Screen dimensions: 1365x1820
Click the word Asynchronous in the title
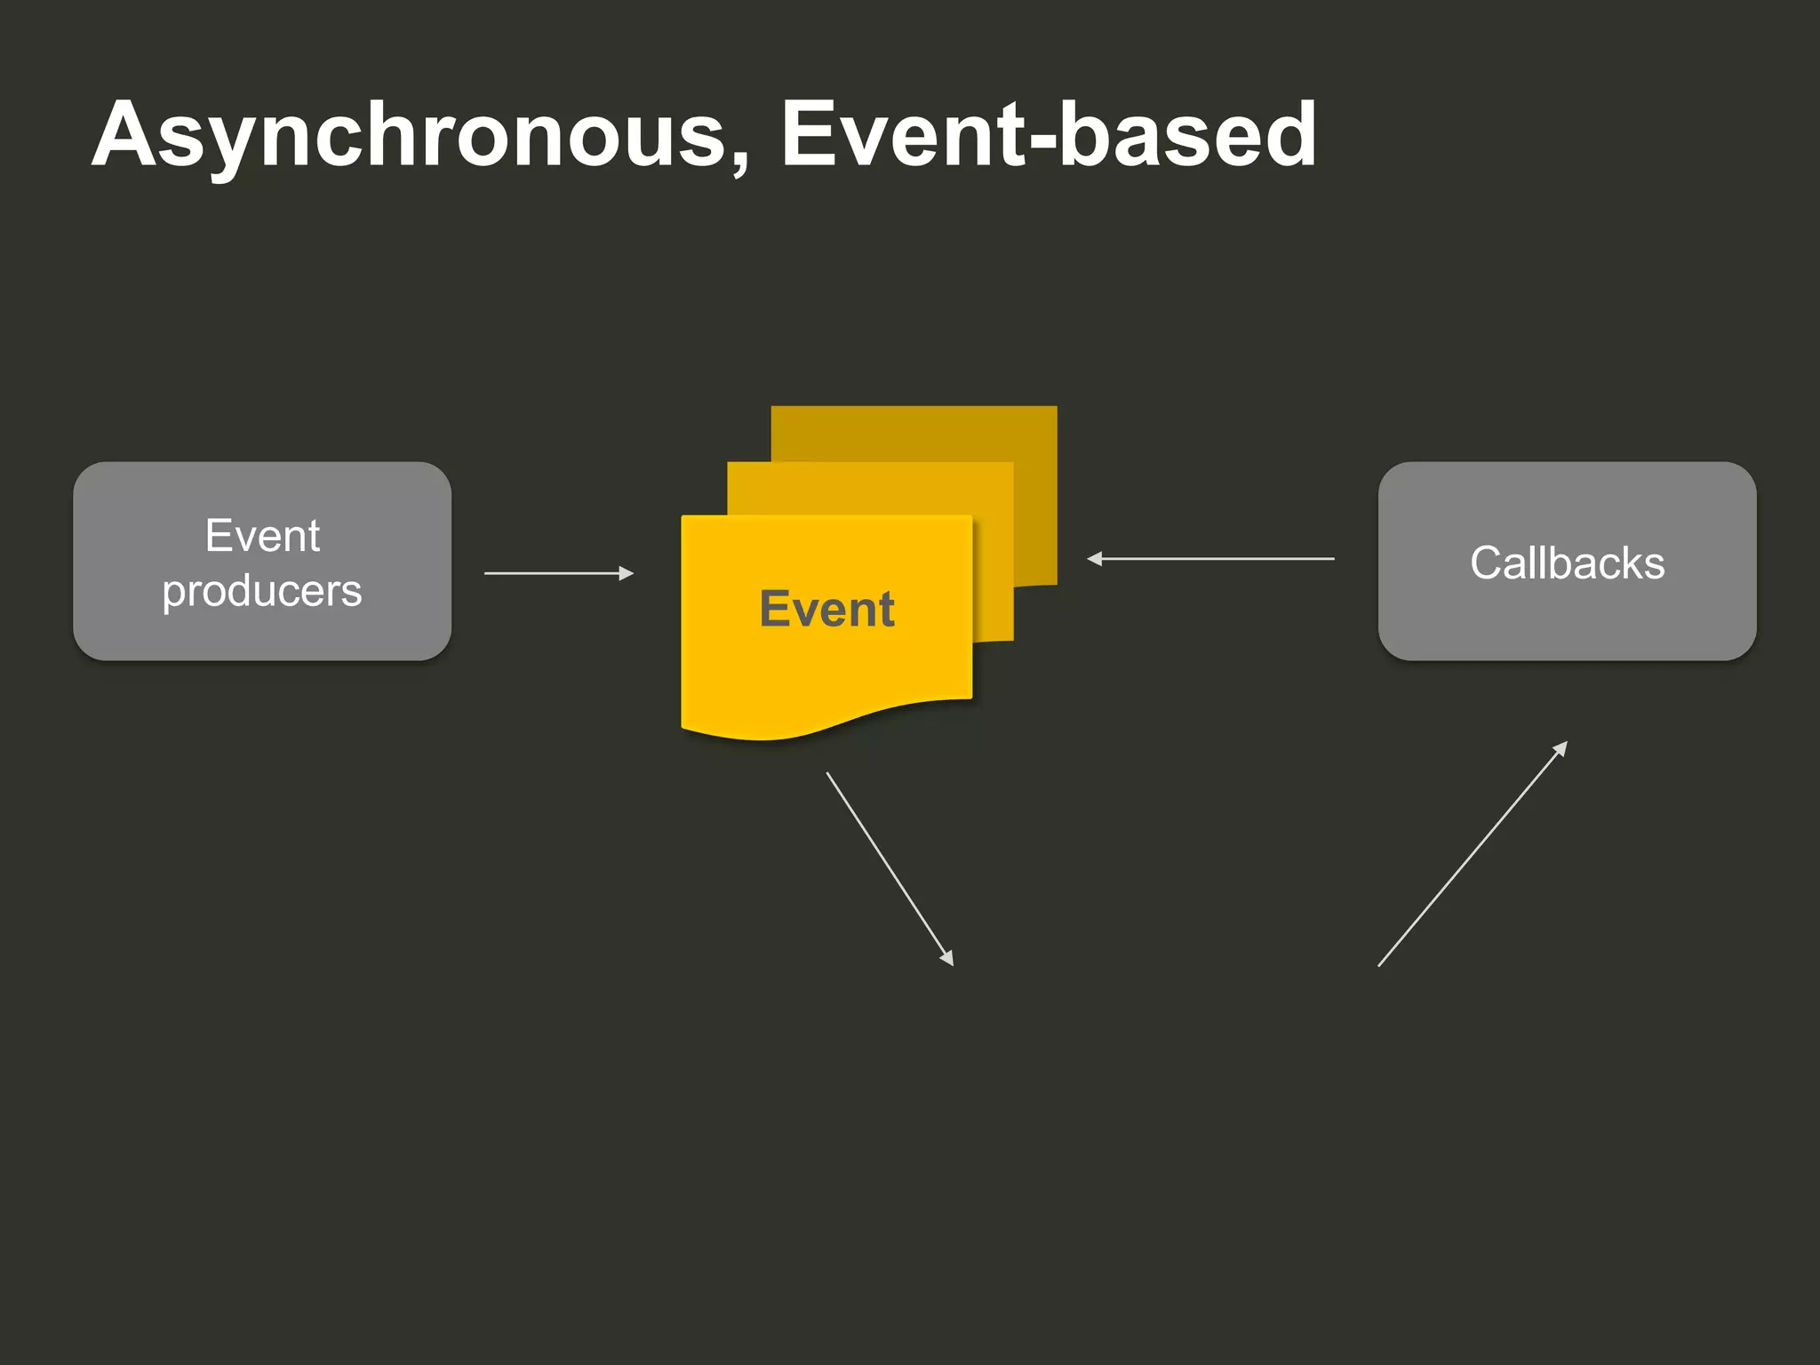pos(409,135)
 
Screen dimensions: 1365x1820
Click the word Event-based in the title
pos(1049,135)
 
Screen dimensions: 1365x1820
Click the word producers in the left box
pos(262,591)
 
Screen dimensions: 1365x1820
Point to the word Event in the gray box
pos(262,536)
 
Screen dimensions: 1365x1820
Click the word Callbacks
pos(1567,563)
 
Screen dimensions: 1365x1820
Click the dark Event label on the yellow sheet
pos(826,610)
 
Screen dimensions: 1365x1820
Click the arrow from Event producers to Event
pos(551,573)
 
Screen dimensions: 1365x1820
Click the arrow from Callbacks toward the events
pos(1217,559)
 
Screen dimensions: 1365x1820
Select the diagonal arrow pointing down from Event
pos(889,867)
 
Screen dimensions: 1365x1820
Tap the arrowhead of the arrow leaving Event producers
pos(627,573)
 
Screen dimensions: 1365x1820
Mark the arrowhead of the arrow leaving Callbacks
pos(1094,559)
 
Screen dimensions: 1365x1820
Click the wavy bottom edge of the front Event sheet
pos(826,729)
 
